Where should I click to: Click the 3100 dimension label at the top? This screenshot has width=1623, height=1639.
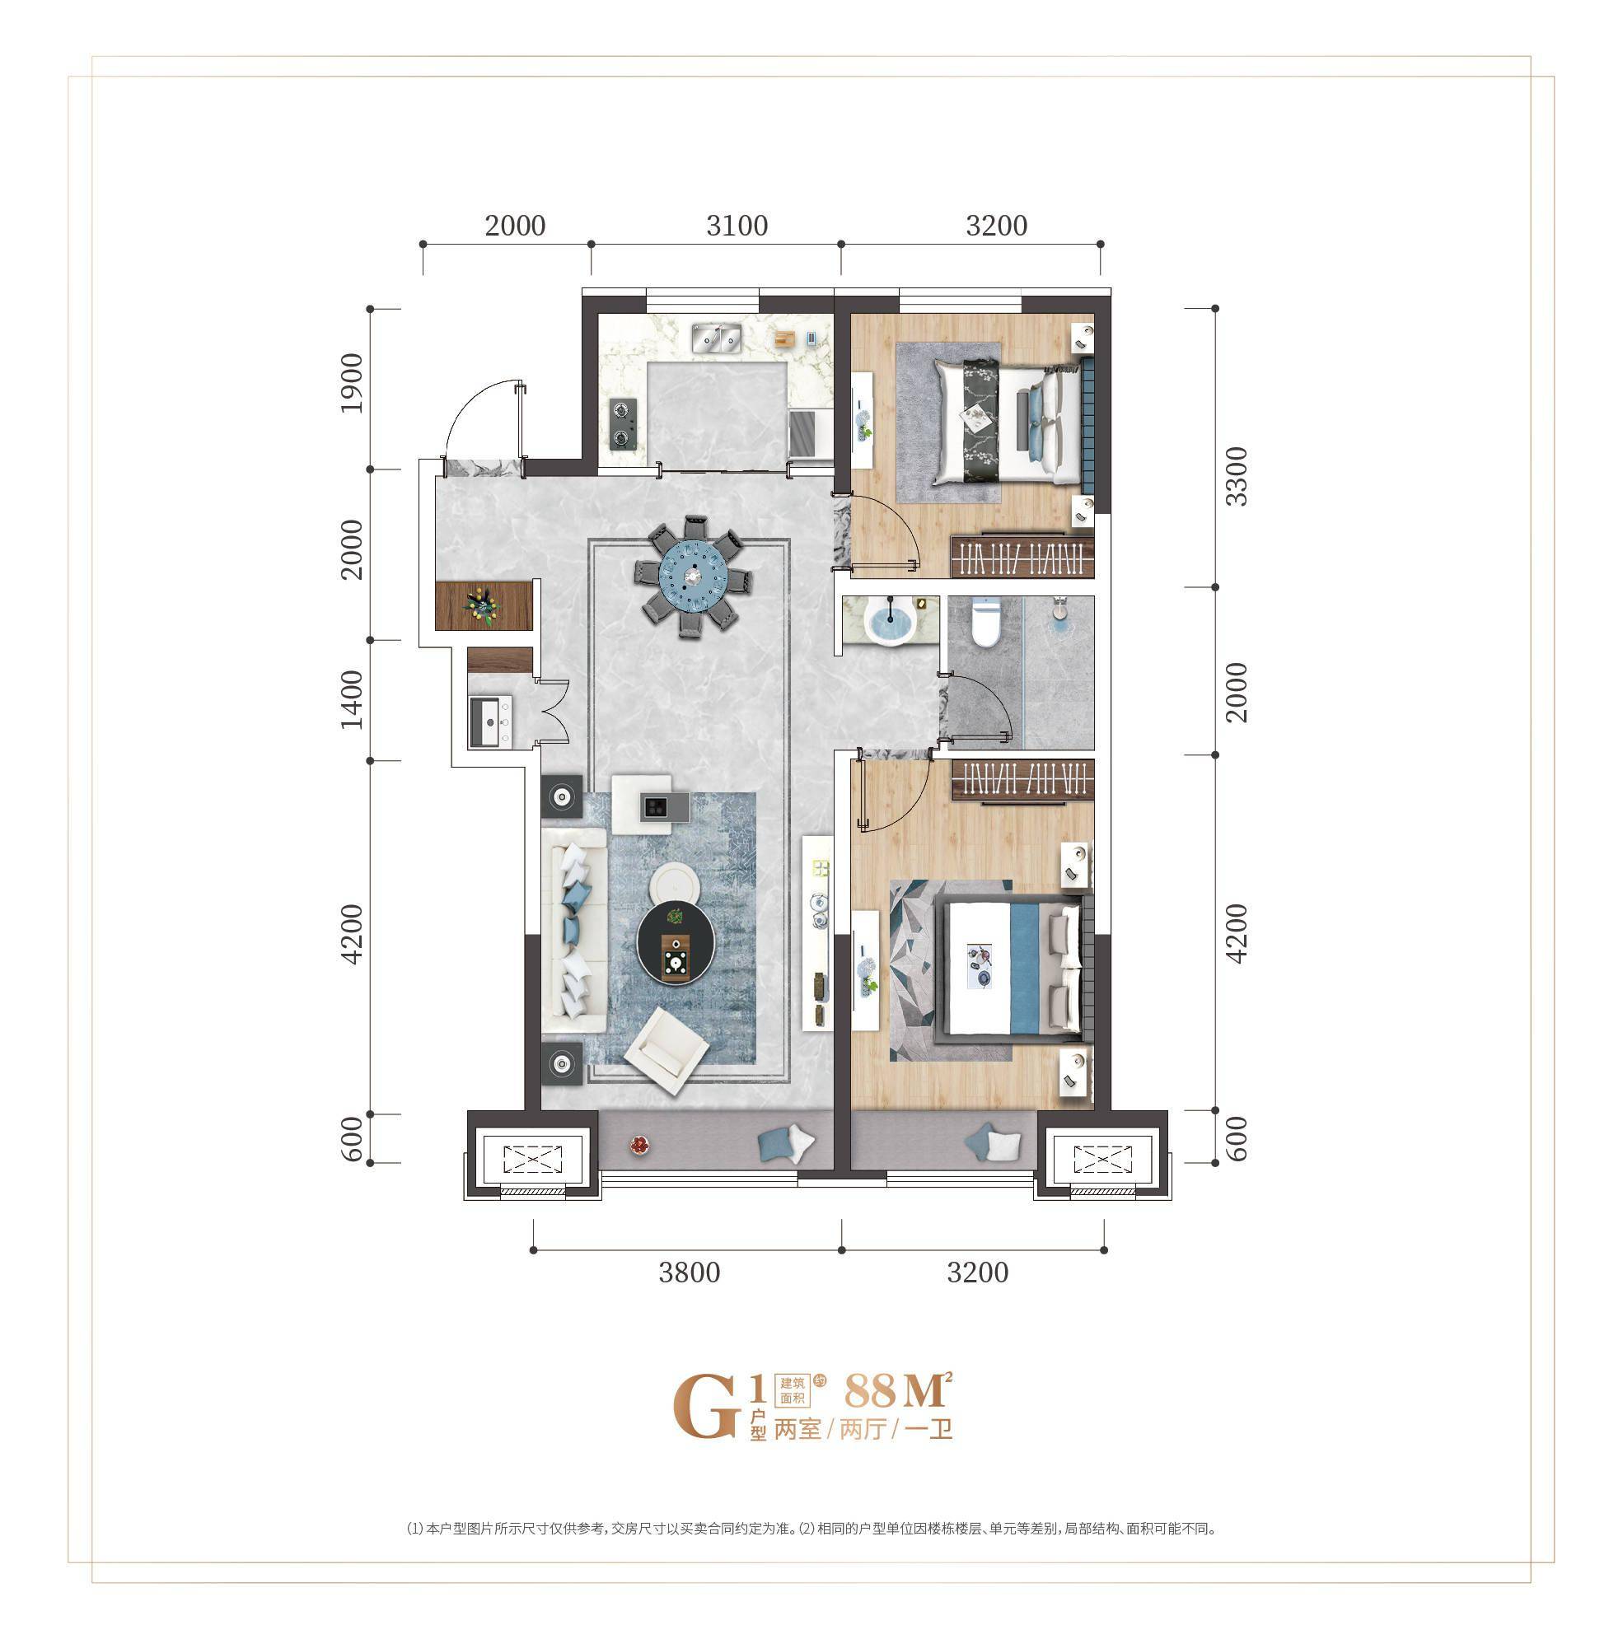(737, 226)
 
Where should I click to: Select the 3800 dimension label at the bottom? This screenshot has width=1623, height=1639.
(689, 1272)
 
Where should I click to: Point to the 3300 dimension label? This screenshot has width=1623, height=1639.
(1237, 477)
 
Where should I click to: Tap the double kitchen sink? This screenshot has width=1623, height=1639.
(717, 337)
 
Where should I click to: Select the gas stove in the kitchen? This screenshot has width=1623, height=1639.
(623, 423)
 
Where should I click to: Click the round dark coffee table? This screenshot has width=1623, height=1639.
(676, 943)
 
